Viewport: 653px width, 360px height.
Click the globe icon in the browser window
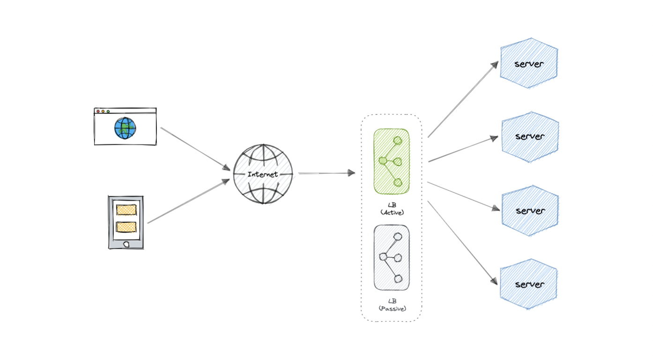(x=125, y=128)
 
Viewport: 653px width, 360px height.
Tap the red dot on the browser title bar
(x=98, y=112)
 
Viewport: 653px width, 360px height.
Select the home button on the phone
(x=126, y=244)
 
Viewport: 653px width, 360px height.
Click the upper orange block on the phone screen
(x=126, y=210)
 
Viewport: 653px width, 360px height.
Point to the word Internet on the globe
(x=263, y=174)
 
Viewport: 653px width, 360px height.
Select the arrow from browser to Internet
(x=194, y=148)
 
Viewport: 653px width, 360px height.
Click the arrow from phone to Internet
(x=188, y=202)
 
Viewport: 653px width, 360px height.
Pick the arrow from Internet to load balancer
(x=326, y=173)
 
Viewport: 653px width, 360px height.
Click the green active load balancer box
(x=391, y=161)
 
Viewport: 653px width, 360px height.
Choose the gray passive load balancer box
(x=391, y=257)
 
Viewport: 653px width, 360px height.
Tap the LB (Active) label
(x=392, y=209)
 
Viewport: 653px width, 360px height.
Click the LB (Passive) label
(x=392, y=305)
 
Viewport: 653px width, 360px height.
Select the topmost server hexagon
(x=529, y=63)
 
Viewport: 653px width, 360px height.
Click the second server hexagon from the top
(x=530, y=136)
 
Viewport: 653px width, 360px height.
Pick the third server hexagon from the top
(x=530, y=210)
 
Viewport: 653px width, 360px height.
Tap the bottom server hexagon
(x=529, y=284)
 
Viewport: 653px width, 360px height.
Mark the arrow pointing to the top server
(x=462, y=99)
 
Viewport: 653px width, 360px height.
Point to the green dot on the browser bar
(x=108, y=112)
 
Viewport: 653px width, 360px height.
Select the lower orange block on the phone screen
(x=126, y=226)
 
